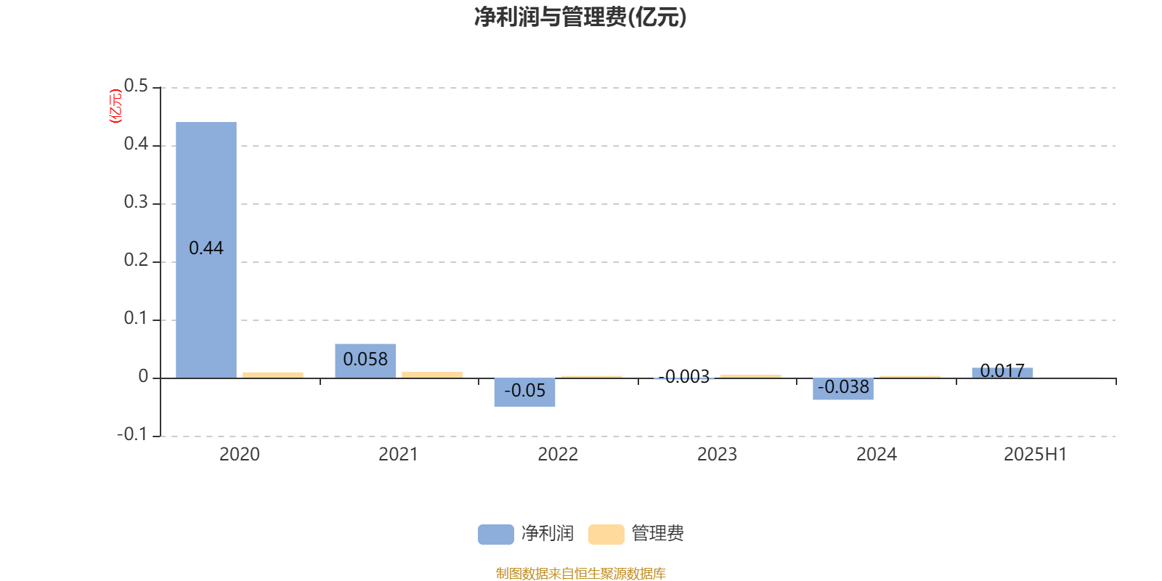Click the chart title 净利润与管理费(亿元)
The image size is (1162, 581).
[x=580, y=17]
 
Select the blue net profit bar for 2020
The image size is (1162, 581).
[x=206, y=250]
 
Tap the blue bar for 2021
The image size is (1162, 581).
[x=365, y=361]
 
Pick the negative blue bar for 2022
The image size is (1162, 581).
[x=524, y=392]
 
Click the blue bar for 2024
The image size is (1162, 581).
[x=843, y=389]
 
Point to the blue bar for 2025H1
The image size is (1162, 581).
[x=1002, y=373]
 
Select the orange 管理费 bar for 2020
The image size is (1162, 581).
[x=273, y=375]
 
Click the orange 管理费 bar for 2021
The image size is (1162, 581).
[x=432, y=375]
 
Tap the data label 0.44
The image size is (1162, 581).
[x=206, y=248]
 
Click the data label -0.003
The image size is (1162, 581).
[x=683, y=377]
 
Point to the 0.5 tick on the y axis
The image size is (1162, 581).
[x=136, y=86]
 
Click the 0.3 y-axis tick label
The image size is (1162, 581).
[x=136, y=203]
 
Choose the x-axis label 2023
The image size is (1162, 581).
[x=717, y=455]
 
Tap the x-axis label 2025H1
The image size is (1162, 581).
[x=1036, y=455]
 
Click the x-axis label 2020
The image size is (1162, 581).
[x=239, y=455]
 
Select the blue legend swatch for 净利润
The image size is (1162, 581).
[x=496, y=535]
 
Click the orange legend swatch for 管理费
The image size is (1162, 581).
[x=606, y=535]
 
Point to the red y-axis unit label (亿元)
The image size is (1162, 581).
[x=115, y=106]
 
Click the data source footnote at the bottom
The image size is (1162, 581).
[x=580, y=573]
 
